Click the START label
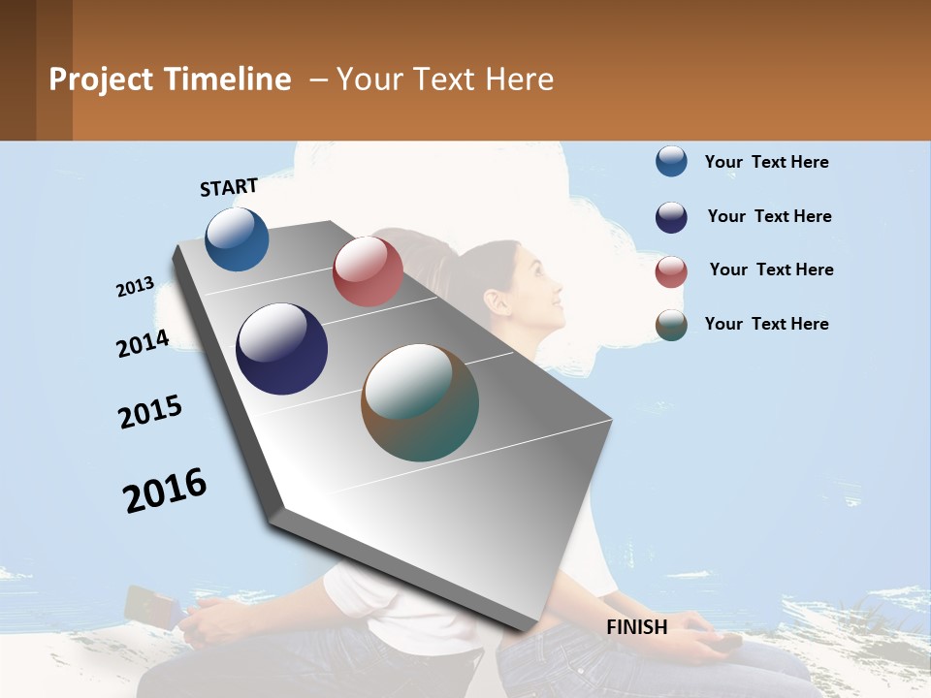[229, 187]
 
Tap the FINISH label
[636, 627]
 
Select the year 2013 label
[135, 287]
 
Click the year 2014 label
[143, 343]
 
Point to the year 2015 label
[150, 412]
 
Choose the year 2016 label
[165, 491]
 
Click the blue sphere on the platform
[237, 238]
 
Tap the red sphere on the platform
[368, 271]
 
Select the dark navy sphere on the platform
[281, 349]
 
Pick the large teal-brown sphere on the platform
[420, 402]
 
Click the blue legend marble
[671, 162]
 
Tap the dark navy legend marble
[671, 217]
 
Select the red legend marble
[671, 271]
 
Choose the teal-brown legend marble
[671, 326]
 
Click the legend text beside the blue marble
[766, 162]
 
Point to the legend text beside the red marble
[771, 270]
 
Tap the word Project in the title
[101, 79]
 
